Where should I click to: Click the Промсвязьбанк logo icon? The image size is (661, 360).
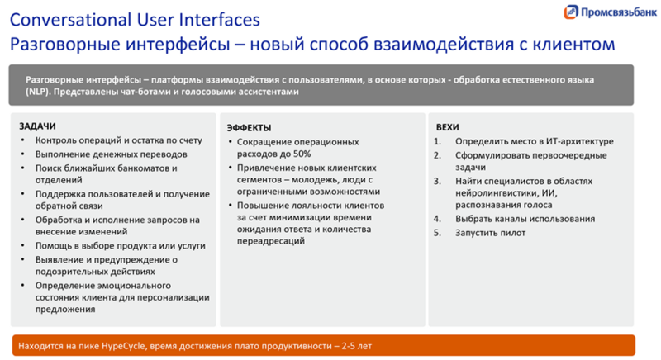[571, 12]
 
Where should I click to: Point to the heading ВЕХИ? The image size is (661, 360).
[448, 127]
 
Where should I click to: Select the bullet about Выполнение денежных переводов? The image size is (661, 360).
[111, 154]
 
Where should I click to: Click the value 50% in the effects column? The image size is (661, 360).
[302, 154]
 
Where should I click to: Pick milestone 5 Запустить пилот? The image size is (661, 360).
[490, 233]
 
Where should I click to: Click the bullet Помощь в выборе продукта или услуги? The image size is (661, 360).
[120, 245]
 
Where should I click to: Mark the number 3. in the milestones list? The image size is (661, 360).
[438, 181]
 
